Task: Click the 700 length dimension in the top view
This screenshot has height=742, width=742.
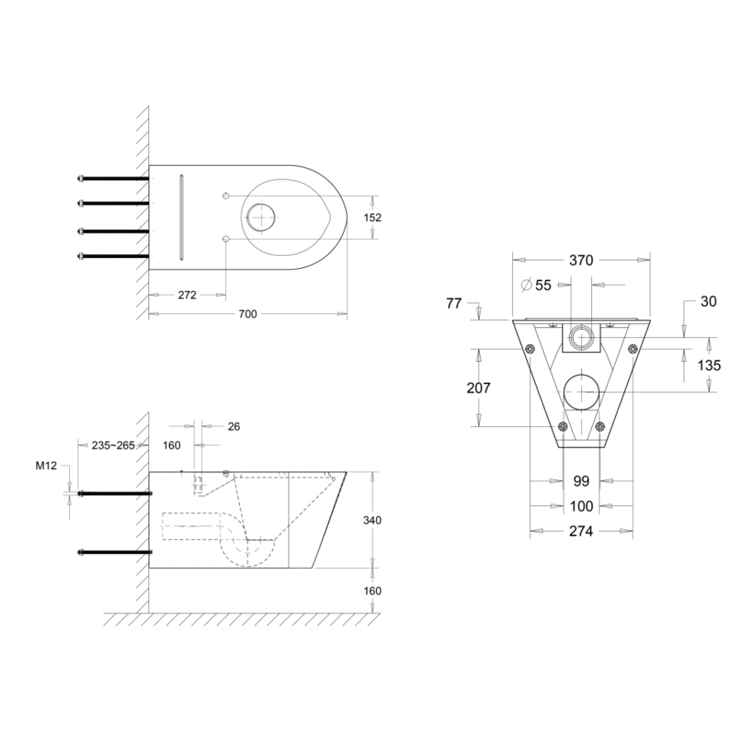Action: pos(248,314)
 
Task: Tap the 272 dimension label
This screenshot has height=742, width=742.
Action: pos(187,295)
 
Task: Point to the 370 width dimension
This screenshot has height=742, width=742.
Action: pos(581,260)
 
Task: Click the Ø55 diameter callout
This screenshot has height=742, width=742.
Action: pos(537,285)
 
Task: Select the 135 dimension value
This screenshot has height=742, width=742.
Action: pos(708,365)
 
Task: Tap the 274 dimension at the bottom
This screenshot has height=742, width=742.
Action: pos(581,532)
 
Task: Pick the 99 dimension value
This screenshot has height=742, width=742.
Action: pos(581,481)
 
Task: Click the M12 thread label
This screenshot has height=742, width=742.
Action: pos(45,466)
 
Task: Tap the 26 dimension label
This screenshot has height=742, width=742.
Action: pos(233,426)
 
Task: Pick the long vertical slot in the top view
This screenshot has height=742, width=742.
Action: pos(180,216)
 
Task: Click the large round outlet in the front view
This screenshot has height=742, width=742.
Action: pos(581,390)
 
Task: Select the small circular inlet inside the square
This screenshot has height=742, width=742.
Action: pos(581,336)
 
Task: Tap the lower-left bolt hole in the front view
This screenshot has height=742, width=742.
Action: pos(562,427)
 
